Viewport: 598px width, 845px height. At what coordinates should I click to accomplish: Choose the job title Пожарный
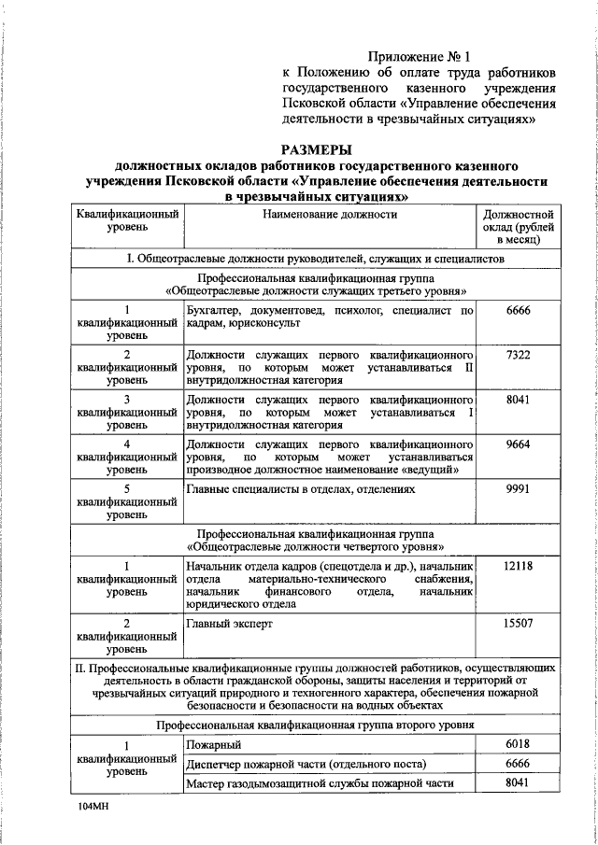coord(214,744)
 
